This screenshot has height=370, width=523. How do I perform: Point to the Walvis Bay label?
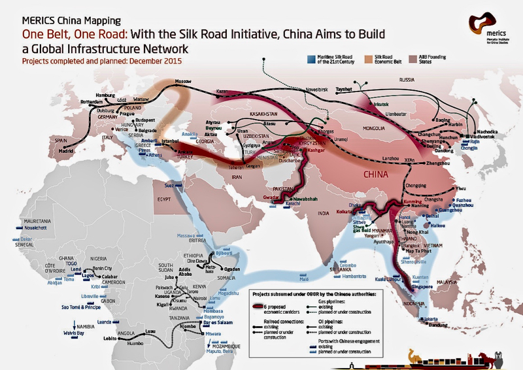(85, 333)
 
